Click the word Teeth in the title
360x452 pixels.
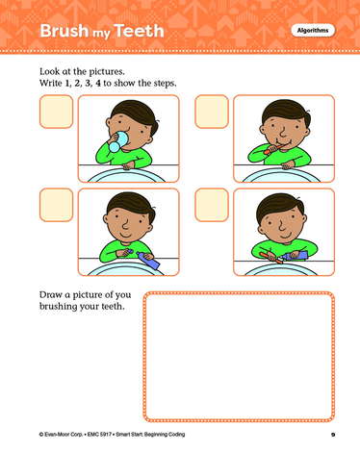click(139, 31)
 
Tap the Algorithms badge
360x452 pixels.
click(313, 31)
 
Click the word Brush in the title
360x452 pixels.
click(64, 31)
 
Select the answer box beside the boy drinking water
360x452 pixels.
click(56, 112)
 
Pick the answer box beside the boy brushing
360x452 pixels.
click(212, 112)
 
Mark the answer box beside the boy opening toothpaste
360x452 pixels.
click(56, 205)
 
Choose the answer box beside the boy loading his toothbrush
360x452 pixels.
click(212, 205)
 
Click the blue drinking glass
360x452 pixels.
click(118, 141)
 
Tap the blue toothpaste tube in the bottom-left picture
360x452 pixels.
click(148, 260)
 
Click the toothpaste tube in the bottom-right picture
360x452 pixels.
click(295, 256)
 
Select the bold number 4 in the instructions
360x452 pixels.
click(98, 84)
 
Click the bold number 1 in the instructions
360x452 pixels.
click(67, 84)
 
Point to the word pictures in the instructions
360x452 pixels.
click(108, 71)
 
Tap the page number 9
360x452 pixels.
click(333, 435)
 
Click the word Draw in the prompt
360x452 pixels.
click(50, 294)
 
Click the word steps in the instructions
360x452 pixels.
click(165, 84)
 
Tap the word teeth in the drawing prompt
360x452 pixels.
click(113, 307)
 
